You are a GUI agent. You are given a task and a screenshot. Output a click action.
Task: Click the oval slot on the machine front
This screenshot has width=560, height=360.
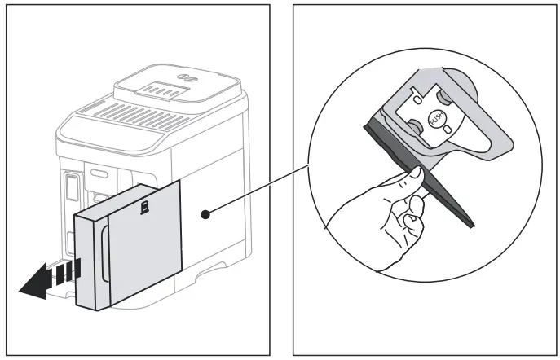99,173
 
